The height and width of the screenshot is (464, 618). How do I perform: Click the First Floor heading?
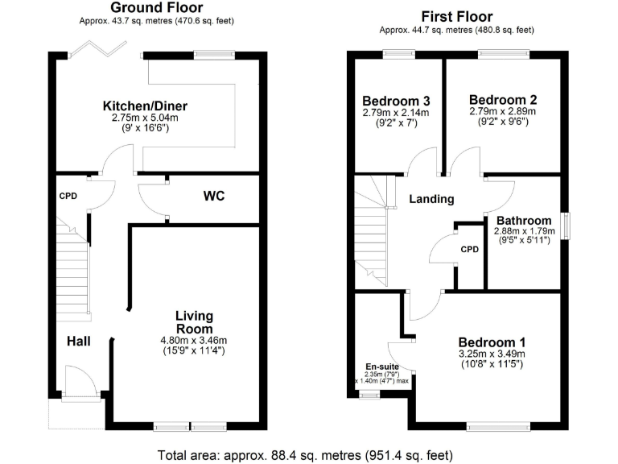coord(457,16)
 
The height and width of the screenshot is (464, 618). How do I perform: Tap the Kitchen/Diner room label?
coord(150,106)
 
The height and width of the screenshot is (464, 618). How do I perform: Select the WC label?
coord(213,196)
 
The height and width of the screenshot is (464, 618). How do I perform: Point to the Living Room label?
coord(194,322)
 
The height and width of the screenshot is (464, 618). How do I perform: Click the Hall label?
coord(78,342)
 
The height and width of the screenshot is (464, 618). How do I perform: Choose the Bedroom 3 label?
coord(396,101)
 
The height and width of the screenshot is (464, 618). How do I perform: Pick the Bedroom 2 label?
coord(502,99)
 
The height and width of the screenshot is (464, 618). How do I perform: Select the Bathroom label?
coord(524,220)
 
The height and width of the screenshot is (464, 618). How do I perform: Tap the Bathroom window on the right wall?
coord(566,225)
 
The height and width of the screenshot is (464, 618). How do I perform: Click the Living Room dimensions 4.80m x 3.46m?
coord(194,340)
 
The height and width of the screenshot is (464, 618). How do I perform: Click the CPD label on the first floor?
coord(469,249)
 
